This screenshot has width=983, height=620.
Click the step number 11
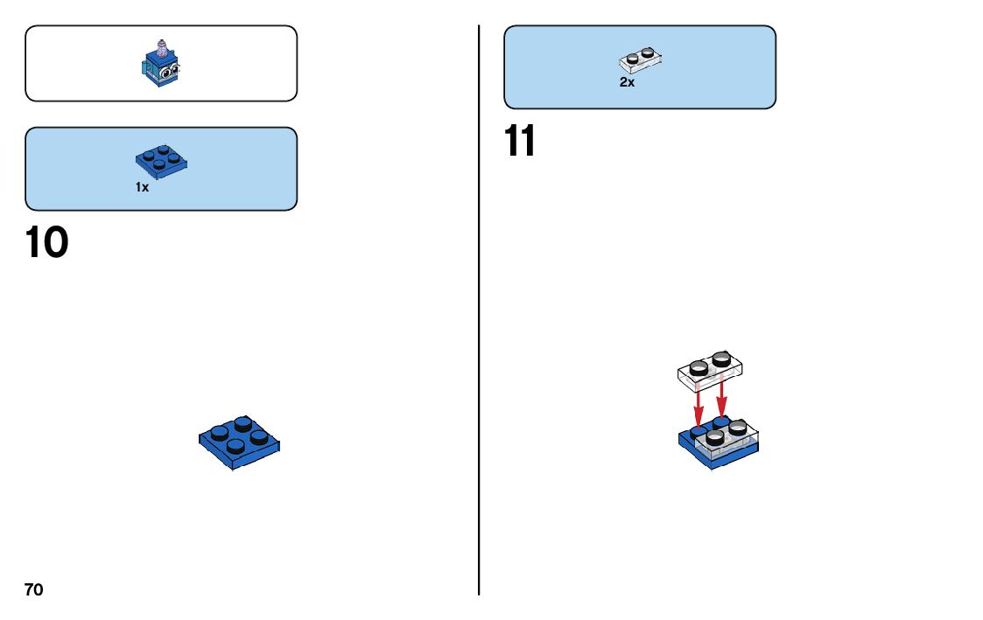point(519,142)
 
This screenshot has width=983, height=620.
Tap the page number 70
point(33,590)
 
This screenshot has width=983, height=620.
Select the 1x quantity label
point(142,187)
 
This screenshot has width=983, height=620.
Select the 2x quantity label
point(627,82)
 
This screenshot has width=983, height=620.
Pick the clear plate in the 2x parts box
point(641,59)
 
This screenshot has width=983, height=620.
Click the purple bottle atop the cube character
point(160,45)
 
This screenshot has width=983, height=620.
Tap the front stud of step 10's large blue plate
point(235,446)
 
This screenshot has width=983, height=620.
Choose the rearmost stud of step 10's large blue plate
point(243,423)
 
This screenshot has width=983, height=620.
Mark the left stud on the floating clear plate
point(698,368)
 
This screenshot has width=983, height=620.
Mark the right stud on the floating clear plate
point(721,358)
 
